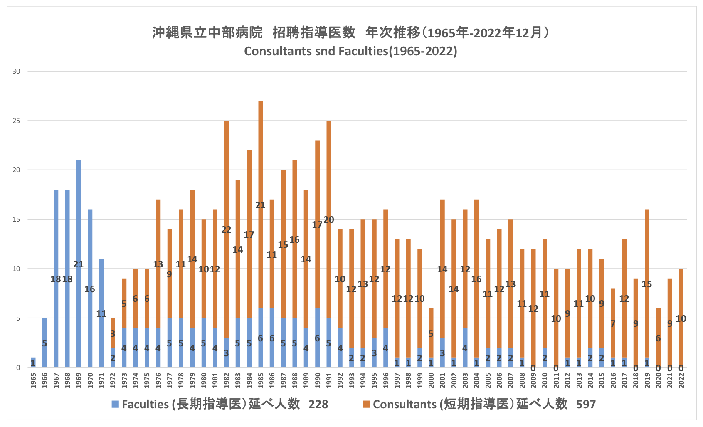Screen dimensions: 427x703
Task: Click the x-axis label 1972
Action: click(x=113, y=380)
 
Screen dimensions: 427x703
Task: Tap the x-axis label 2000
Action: click(x=431, y=380)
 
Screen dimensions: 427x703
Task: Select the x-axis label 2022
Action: click(x=681, y=380)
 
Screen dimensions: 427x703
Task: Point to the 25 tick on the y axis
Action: click(x=16, y=121)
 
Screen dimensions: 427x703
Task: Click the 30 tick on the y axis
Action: click(x=16, y=72)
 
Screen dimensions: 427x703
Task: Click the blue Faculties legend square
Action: click(x=115, y=404)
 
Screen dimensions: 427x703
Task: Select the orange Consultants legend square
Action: click(x=366, y=404)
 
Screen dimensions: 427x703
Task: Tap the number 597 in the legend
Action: click(x=586, y=404)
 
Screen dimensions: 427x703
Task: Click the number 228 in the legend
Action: click(x=318, y=404)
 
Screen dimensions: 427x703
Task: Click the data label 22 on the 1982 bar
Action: click(x=226, y=230)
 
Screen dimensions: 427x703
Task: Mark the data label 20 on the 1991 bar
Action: click(x=329, y=220)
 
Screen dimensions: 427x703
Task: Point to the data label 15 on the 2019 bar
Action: click(x=647, y=284)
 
